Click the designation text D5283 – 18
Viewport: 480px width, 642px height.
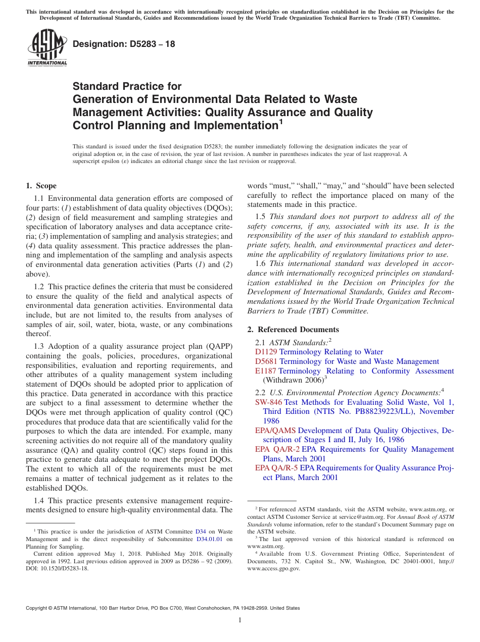point(124,44)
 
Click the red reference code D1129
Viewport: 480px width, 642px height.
point(266,352)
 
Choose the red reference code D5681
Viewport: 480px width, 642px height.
point(266,361)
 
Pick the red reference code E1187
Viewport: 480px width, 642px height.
point(266,371)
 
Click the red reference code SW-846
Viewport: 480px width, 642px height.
point(268,402)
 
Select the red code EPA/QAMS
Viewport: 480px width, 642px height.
point(275,431)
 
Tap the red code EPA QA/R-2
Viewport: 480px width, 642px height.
point(277,449)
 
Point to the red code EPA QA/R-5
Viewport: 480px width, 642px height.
point(276,468)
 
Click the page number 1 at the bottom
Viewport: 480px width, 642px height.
point(240,621)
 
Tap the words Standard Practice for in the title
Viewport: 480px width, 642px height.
point(127,86)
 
